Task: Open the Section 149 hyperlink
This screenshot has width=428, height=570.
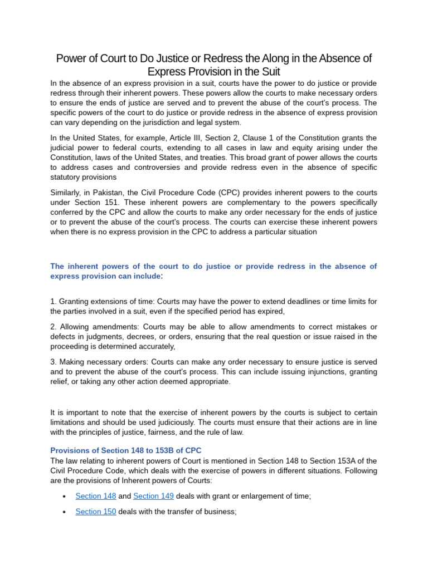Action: tap(154, 496)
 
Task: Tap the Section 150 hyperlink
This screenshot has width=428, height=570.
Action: tap(96, 512)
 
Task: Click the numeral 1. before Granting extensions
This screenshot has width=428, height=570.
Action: tap(53, 301)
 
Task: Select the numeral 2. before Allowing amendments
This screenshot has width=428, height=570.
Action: tap(53, 326)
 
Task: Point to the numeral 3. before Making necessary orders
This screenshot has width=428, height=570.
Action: tap(53, 361)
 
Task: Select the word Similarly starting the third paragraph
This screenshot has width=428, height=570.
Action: tap(66, 192)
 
